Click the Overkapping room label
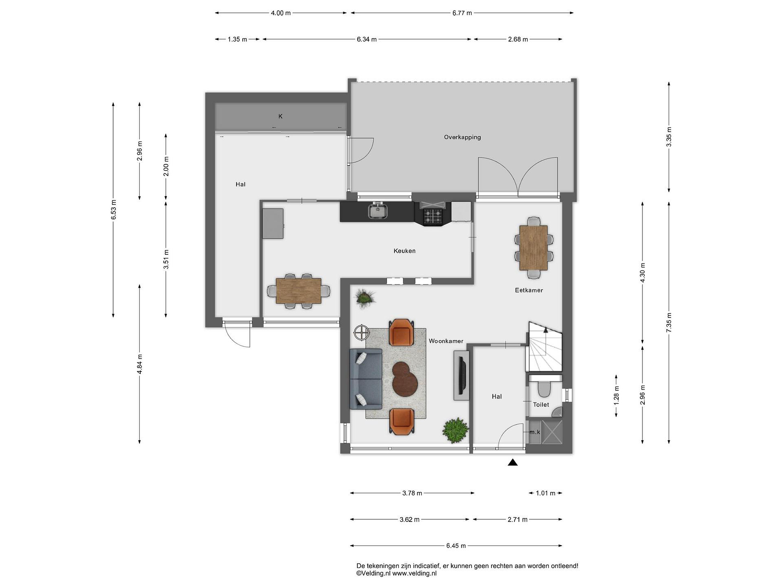click(462, 137)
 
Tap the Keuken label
click(404, 251)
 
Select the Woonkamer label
click(446, 341)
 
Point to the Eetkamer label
click(529, 290)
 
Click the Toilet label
click(541, 404)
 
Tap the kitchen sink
click(378, 211)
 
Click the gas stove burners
click(433, 217)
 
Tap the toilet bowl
click(544, 389)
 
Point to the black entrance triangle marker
click(513, 462)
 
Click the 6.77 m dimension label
click(462, 13)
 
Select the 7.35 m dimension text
click(669, 322)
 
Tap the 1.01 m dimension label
click(545, 493)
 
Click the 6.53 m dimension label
click(113, 210)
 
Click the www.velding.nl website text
click(414, 573)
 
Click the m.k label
click(535, 432)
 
